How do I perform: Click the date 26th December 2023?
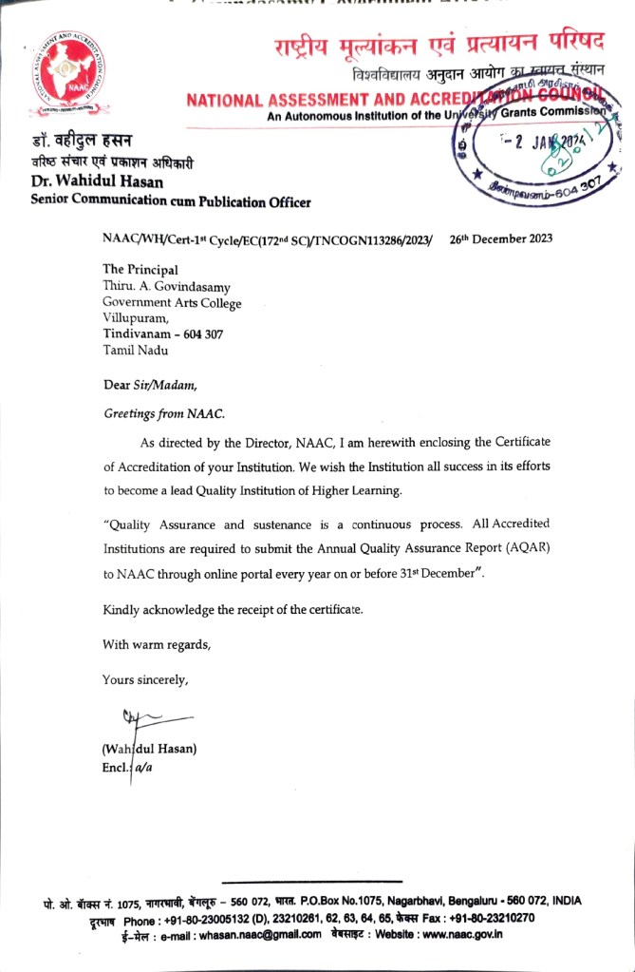pyautogui.click(x=500, y=239)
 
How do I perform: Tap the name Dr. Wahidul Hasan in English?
pyautogui.click(x=97, y=181)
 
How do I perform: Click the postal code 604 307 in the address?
pyautogui.click(x=201, y=334)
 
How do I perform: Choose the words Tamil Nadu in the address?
pyautogui.click(x=136, y=350)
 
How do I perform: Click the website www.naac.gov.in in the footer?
pyautogui.click(x=461, y=935)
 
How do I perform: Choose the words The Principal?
pyautogui.click(x=140, y=270)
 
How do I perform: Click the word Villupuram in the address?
pyautogui.click(x=135, y=318)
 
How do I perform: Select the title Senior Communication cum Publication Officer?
pyautogui.click(x=170, y=200)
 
